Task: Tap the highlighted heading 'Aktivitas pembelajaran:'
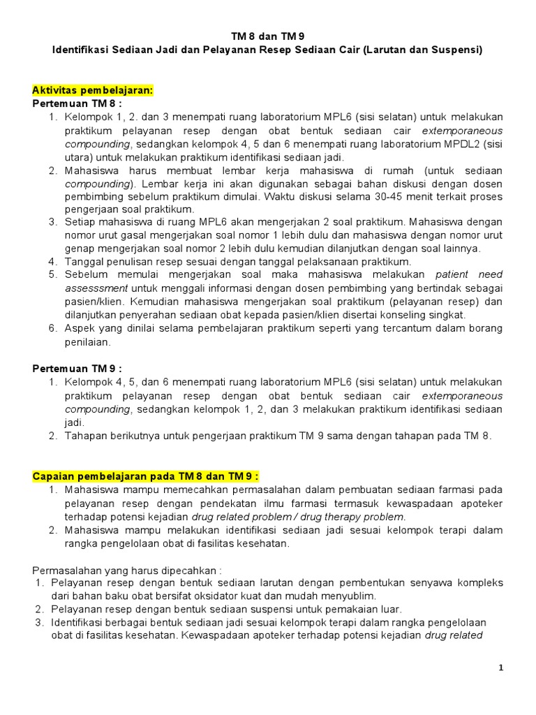point(93,90)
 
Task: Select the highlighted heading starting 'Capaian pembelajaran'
point(146,476)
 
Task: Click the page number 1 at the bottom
point(500,668)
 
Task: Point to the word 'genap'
point(80,248)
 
